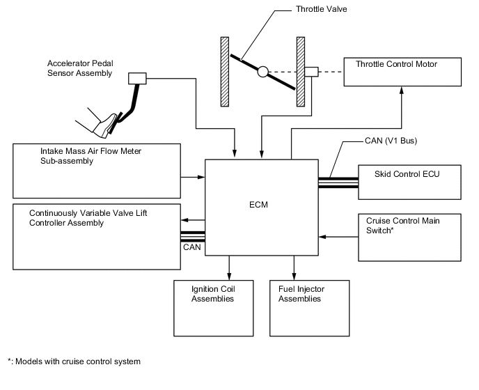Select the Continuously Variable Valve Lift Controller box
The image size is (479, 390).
point(96,236)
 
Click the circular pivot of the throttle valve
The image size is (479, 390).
point(262,72)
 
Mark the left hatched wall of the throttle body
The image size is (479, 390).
point(225,70)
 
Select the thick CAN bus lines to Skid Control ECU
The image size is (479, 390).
point(338,182)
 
